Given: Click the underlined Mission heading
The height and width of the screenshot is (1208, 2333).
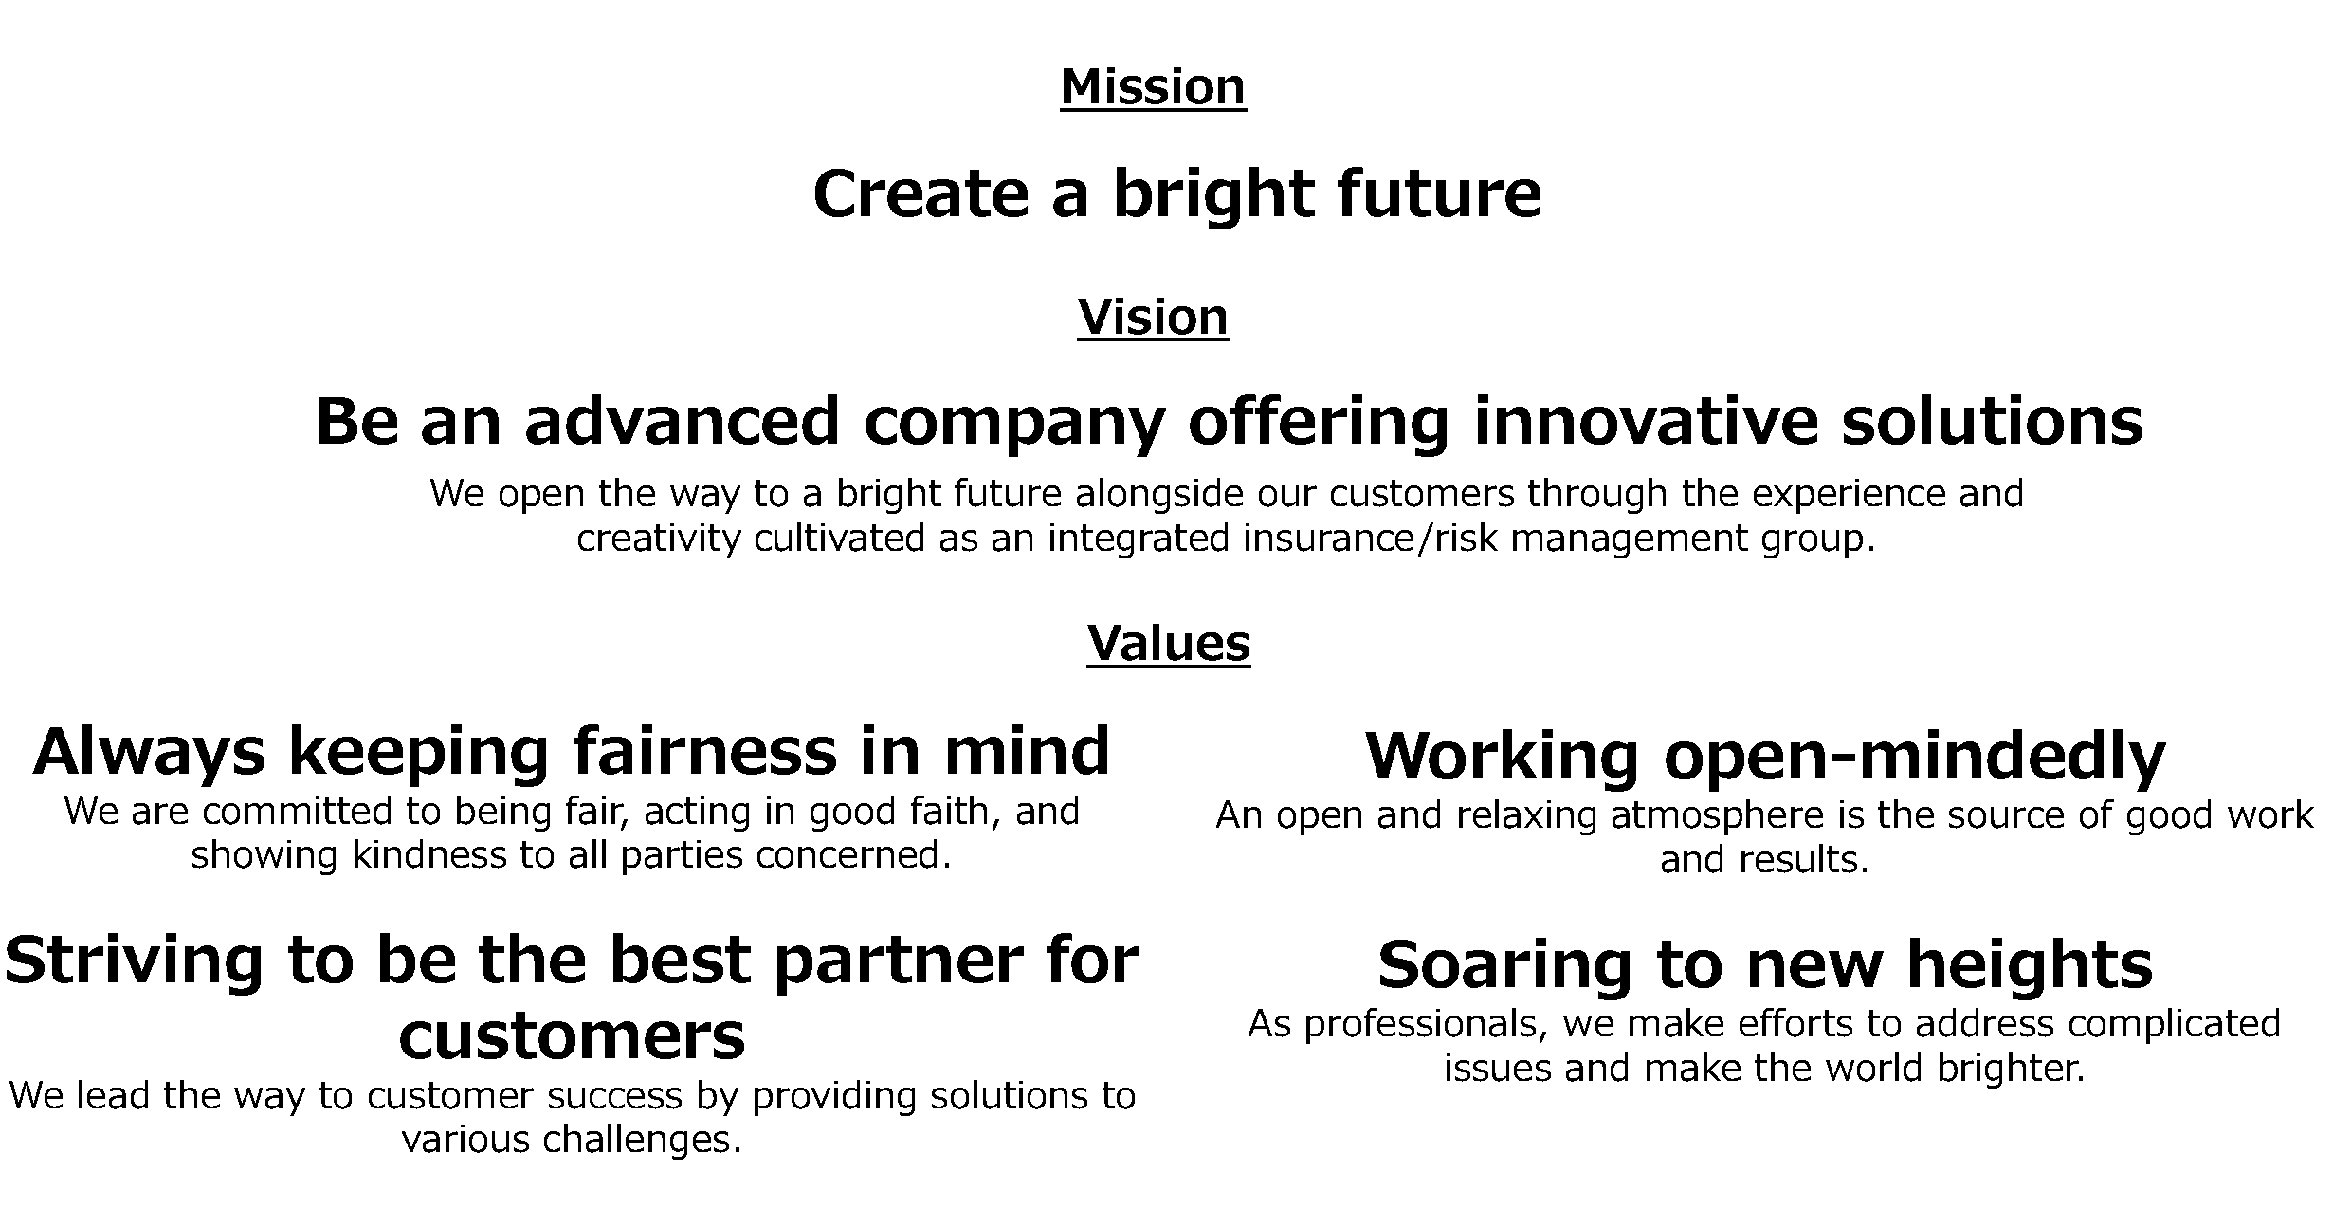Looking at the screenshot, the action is click(x=1153, y=87).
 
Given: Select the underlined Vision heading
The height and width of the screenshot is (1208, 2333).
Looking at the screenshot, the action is click(x=1153, y=317).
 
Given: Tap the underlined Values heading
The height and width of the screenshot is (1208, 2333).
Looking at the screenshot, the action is click(x=1168, y=644).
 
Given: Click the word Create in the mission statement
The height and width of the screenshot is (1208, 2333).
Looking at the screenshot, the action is click(x=920, y=193).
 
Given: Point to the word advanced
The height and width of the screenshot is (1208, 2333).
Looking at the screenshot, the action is click(x=682, y=421).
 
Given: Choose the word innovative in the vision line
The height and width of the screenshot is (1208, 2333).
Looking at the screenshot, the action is click(x=1645, y=421).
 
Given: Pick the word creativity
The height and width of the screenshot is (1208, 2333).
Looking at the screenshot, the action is click(x=659, y=540).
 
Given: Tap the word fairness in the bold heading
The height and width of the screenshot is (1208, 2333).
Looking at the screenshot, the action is click(x=705, y=751).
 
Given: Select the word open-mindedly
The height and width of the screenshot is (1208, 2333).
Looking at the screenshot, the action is click(x=1914, y=757).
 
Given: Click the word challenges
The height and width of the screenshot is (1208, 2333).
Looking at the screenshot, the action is click(x=642, y=1139).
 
